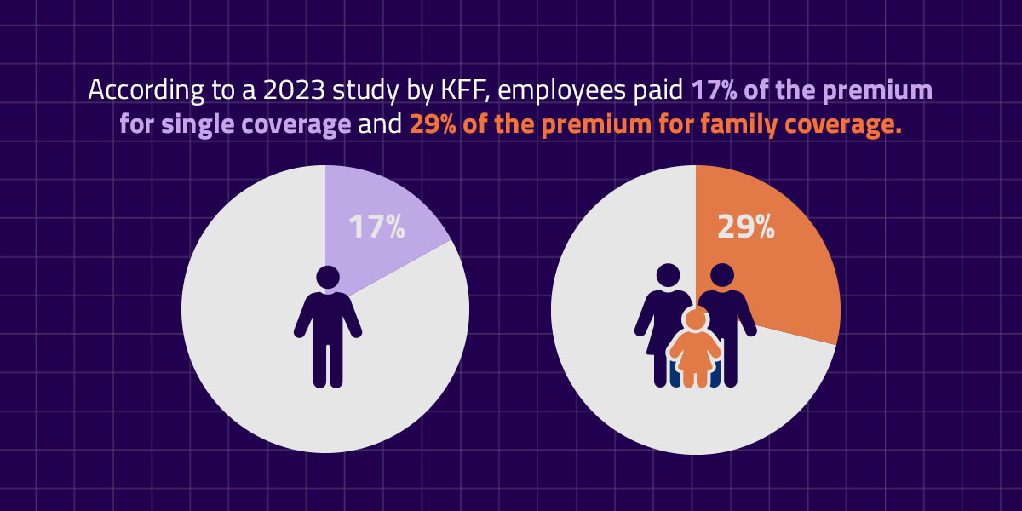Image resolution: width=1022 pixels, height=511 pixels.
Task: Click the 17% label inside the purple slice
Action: pyautogui.click(x=376, y=227)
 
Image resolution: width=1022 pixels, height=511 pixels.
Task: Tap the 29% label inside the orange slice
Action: pyautogui.click(x=746, y=226)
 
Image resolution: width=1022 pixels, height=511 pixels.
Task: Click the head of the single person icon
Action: pyautogui.click(x=328, y=278)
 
